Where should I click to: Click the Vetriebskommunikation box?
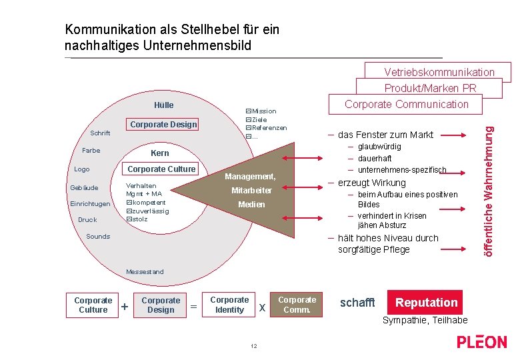coord(439,72)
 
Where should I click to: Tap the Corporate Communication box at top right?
coord(406,104)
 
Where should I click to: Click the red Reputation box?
coord(426,303)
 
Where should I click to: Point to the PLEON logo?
coord(481,342)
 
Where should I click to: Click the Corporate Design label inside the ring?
coord(163,125)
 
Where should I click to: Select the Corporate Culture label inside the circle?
coord(161,169)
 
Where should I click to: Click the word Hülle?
coord(163,105)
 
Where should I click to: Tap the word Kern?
coord(160,153)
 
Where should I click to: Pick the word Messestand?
coord(145,271)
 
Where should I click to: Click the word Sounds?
coord(98,237)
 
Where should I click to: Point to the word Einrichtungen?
coord(89,204)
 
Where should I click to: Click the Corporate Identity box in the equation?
coord(229,305)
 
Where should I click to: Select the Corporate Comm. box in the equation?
coord(297,305)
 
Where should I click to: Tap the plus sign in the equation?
coord(125,307)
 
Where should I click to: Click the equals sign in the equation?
coord(193,307)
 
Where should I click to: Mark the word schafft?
coord(357,303)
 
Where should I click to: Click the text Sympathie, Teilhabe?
coord(425,321)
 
